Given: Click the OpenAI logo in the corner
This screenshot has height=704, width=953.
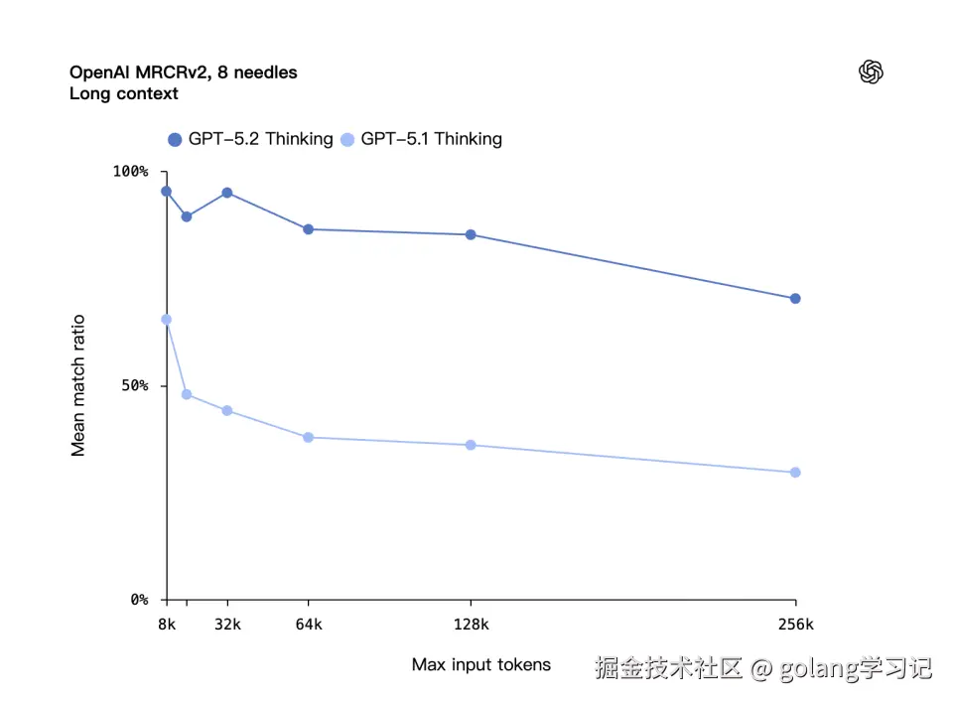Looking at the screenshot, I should click(871, 72).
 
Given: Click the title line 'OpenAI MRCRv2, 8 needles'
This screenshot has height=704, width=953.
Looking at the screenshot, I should click(183, 72).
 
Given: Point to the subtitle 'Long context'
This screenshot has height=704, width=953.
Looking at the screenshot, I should click(124, 94).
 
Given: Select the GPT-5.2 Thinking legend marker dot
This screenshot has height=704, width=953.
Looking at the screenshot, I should click(176, 140).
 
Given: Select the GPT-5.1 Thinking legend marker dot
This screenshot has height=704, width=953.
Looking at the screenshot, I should click(347, 140).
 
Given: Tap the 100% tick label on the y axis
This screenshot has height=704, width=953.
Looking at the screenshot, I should click(129, 172).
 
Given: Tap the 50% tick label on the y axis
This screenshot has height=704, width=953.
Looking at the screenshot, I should click(133, 385).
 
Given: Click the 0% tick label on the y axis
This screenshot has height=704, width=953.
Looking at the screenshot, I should click(138, 600).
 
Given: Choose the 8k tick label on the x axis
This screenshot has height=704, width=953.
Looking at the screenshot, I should click(167, 625).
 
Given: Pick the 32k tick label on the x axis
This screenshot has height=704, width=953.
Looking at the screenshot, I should click(227, 625).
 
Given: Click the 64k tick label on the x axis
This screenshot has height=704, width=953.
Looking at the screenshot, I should click(309, 625).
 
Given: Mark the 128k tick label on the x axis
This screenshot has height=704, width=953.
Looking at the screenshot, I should click(471, 625).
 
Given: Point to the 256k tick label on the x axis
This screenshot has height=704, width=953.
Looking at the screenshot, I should click(795, 625).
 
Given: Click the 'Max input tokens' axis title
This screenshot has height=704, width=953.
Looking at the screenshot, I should click(481, 664).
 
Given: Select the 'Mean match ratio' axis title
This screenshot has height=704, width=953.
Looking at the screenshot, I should click(78, 385).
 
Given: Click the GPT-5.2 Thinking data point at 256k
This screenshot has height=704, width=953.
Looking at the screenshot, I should click(795, 299).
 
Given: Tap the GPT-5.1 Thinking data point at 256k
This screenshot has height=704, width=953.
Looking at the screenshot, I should click(795, 473).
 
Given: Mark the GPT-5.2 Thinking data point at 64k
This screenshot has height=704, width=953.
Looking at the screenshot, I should click(309, 229).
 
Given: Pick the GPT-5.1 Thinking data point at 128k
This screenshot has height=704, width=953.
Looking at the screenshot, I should click(471, 445).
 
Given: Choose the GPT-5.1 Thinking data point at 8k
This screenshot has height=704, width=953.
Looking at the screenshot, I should click(167, 320).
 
